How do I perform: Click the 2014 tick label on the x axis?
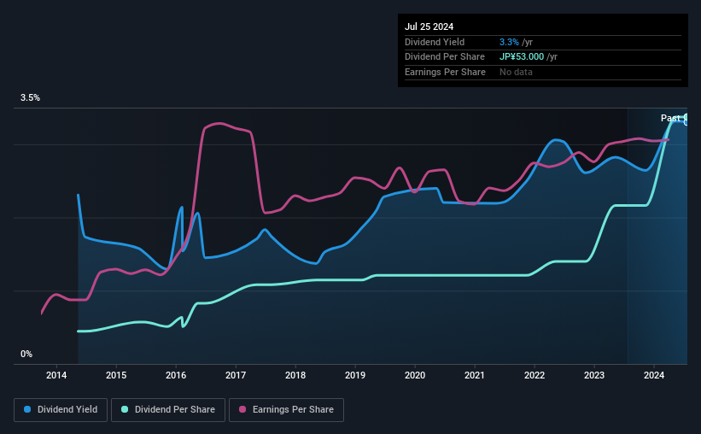[56, 375]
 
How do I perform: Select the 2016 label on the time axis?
[176, 375]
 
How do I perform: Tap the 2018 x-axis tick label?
[295, 375]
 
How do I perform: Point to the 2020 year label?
[415, 375]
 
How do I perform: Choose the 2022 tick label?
[535, 375]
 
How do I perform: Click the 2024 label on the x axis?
[653, 375]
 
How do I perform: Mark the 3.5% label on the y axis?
[30, 97]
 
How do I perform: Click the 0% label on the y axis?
[26, 354]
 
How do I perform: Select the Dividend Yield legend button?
[61, 410]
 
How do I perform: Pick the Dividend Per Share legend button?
[168, 410]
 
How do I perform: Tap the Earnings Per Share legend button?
[286, 410]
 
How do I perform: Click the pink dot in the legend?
[242, 409]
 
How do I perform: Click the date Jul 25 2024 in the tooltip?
[429, 26]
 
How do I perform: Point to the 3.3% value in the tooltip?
[509, 42]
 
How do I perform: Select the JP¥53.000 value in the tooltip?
[522, 57]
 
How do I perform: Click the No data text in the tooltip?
[516, 72]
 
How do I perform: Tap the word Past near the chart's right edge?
[670, 118]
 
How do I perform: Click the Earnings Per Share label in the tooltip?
[445, 72]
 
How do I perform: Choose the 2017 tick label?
[236, 375]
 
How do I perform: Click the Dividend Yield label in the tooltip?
[435, 42]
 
